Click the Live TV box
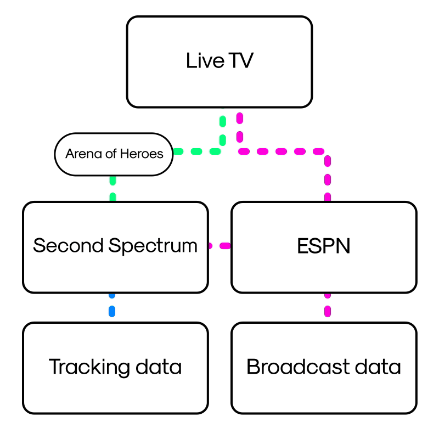click(219, 61)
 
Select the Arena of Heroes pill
click(114, 154)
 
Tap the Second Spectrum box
click(115, 247)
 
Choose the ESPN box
click(324, 247)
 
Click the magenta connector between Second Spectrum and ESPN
click(219, 246)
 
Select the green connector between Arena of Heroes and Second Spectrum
click(113, 188)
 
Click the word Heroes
click(145, 154)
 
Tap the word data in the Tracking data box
click(160, 367)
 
